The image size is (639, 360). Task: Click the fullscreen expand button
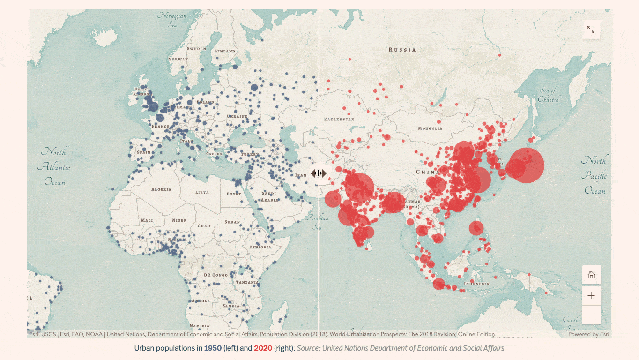591,30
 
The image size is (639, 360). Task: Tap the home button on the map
591,275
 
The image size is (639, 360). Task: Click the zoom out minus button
591,315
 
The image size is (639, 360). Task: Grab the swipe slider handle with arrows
318,173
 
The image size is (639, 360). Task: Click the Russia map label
402,50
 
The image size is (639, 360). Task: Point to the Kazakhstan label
339,120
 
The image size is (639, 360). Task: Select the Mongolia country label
430,128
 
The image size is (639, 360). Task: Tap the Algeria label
161,189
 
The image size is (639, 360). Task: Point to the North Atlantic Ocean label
54,166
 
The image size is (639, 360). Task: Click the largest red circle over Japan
526,165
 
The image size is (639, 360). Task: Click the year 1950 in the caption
212,348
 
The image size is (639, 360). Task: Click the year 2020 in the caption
263,348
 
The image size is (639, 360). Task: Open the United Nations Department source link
413,348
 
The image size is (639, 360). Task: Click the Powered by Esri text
588,334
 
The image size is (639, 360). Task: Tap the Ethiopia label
260,247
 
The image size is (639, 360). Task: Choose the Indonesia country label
476,284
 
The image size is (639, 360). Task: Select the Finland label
225,51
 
